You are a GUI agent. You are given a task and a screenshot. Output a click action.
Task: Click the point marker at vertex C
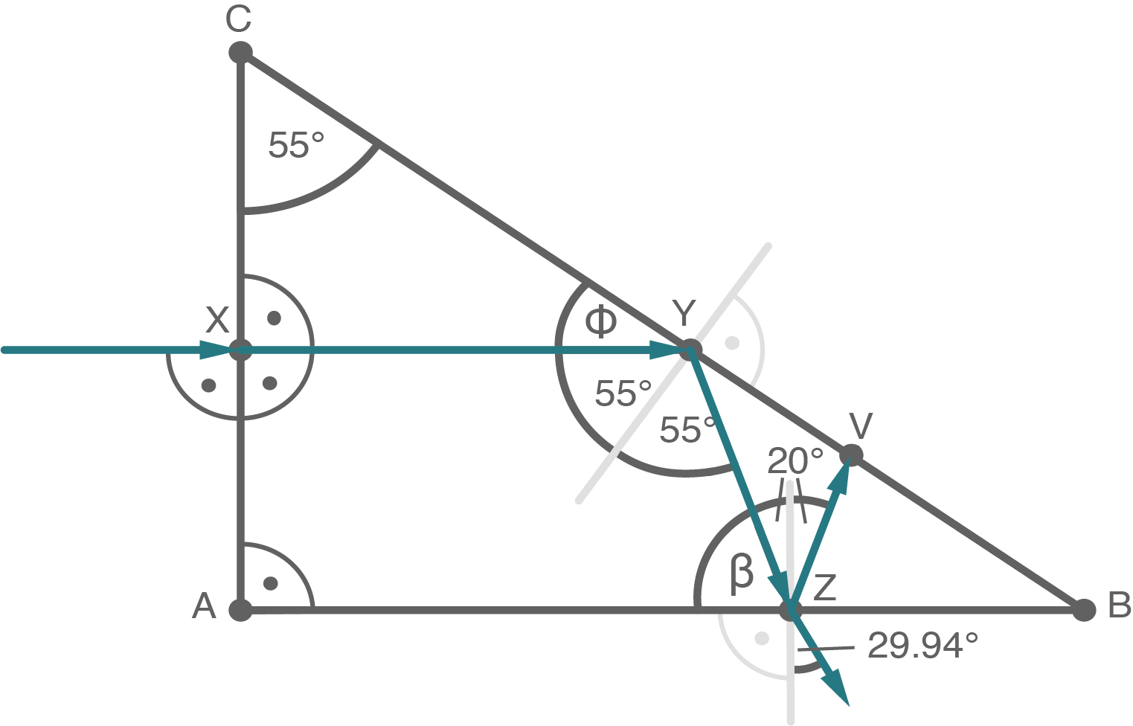click(x=240, y=54)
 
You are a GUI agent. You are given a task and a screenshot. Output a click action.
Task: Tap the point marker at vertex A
click(x=240, y=610)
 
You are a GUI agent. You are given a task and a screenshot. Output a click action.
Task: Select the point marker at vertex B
click(x=1085, y=610)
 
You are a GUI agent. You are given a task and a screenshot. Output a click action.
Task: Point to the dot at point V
click(x=851, y=454)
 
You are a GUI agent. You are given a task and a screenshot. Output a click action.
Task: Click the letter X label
click(x=216, y=321)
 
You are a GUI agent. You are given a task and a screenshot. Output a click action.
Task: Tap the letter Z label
click(x=825, y=588)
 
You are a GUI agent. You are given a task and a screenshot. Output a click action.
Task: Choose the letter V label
click(x=860, y=426)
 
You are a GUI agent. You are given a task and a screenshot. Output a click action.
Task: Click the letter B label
click(x=1119, y=606)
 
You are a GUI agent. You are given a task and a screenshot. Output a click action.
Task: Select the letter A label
click(x=204, y=608)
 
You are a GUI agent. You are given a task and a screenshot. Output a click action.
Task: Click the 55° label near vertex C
click(x=296, y=145)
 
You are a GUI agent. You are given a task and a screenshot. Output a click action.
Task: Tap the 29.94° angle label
click(x=922, y=646)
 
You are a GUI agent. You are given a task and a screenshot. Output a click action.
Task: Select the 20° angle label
click(x=795, y=462)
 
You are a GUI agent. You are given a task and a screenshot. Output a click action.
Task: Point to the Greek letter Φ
click(x=600, y=321)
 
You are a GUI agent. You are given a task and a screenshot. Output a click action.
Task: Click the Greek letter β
click(x=741, y=573)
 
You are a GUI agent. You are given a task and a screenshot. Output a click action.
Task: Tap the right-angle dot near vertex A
click(x=271, y=582)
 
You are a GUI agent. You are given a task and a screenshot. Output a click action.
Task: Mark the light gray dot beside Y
click(x=733, y=343)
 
